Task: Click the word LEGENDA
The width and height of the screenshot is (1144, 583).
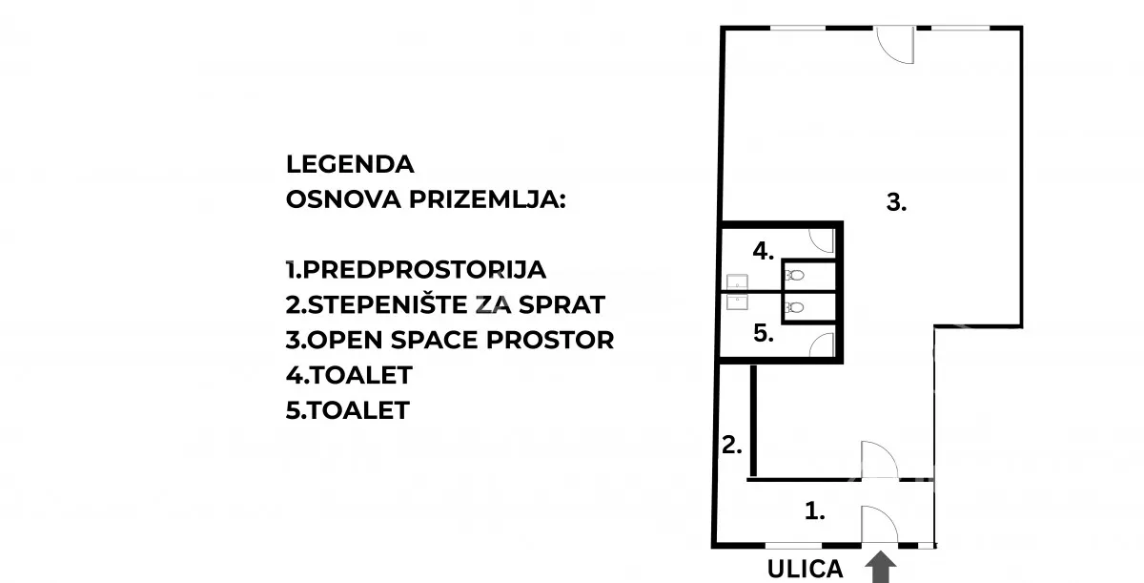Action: pos(350,164)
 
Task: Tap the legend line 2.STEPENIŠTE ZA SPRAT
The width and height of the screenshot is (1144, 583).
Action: pos(445,304)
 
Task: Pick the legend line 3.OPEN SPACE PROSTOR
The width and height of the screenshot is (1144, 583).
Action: pos(450,340)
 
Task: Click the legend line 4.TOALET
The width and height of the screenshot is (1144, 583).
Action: pos(348,375)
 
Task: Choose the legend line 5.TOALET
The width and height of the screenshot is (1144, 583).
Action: pos(348,410)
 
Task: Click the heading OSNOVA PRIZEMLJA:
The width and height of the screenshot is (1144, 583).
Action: pos(425,199)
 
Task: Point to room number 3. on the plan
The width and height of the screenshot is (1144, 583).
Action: pos(896,202)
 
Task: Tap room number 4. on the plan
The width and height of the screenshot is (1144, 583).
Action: pos(763,251)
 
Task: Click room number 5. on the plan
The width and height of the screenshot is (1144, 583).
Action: pos(763,334)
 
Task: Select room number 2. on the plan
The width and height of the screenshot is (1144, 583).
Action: pos(732,444)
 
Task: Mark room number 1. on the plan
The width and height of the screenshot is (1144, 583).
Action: pos(814,511)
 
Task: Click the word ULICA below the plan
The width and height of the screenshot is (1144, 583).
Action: pos(806,569)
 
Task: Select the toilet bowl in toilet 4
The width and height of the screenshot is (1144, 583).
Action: pos(794,275)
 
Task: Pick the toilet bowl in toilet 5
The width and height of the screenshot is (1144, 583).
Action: pos(794,307)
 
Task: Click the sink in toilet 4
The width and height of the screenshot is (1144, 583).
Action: pos(736,281)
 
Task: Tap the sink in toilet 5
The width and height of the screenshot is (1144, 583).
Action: pos(736,302)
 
